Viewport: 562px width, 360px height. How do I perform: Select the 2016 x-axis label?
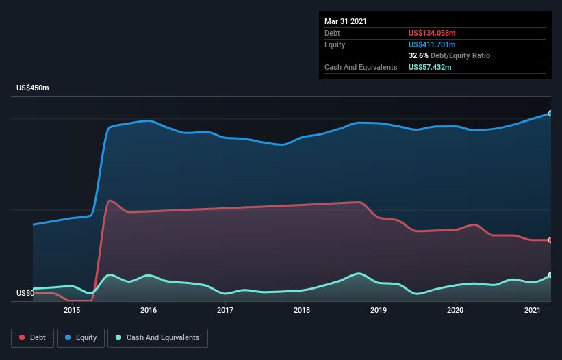(x=149, y=310)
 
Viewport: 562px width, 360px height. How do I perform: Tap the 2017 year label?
(x=225, y=310)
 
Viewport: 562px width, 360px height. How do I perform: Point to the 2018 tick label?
(x=302, y=310)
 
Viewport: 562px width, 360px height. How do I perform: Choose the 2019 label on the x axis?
(x=379, y=310)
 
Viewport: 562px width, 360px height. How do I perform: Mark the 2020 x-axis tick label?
(x=455, y=310)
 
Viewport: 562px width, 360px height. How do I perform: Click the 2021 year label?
(x=532, y=310)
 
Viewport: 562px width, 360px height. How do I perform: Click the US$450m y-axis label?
(x=33, y=88)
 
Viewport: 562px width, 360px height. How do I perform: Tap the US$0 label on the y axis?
(x=25, y=294)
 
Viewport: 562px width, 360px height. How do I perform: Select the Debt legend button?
(x=32, y=337)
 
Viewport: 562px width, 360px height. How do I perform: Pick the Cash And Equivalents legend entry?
(x=157, y=337)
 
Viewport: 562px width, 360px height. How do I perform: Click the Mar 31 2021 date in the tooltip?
(x=346, y=21)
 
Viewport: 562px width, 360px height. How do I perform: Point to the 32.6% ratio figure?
(x=419, y=55)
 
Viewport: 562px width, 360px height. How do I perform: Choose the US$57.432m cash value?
(x=431, y=67)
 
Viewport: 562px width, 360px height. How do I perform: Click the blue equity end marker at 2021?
(x=550, y=114)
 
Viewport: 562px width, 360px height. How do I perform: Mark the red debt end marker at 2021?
(x=550, y=240)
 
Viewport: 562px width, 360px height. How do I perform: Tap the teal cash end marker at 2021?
(x=550, y=275)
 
